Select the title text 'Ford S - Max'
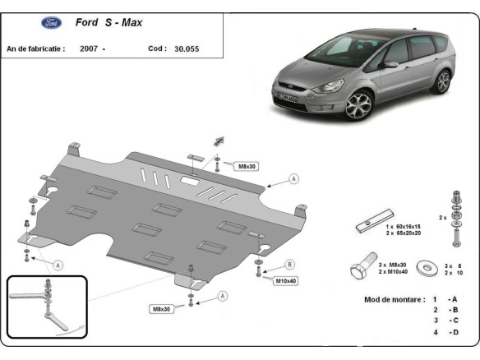[108, 23]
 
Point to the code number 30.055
[187, 49]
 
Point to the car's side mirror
[390, 64]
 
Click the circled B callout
[289, 264]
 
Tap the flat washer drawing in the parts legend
[427, 267]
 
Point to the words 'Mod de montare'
[394, 299]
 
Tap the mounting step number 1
[435, 299]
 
